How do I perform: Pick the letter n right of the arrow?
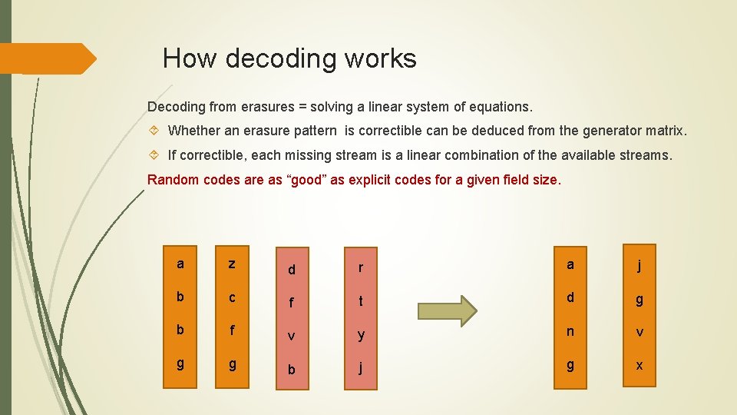(570, 332)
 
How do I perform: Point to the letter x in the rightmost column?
(639, 365)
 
